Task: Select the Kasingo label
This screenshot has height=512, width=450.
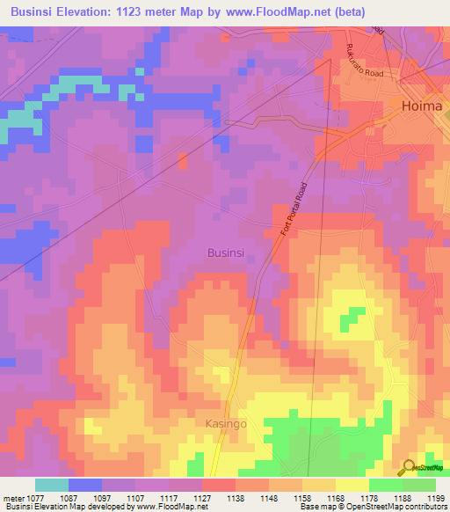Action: (227, 423)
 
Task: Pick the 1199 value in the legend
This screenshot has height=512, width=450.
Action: (434, 498)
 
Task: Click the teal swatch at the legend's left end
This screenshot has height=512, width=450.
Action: (52, 486)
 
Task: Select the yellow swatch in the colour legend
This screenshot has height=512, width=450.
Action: (352, 486)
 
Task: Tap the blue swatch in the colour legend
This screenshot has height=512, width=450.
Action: (85, 486)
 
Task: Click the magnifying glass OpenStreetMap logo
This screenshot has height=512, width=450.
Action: (409, 466)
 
